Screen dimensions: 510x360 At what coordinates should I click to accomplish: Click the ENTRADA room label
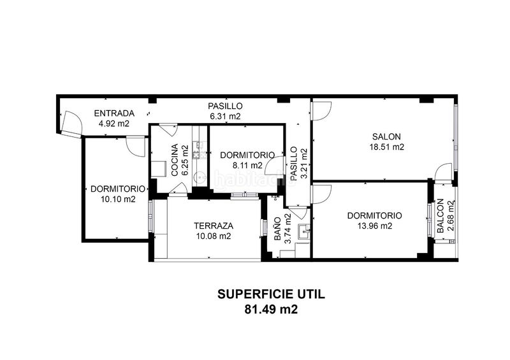tap(114, 113)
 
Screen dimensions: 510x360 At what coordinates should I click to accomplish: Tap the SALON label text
tap(386, 136)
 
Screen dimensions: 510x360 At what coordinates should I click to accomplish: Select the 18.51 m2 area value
tap(387, 147)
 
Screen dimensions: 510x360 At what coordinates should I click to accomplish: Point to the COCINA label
tap(175, 160)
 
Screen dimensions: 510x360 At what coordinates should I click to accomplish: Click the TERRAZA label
tap(214, 226)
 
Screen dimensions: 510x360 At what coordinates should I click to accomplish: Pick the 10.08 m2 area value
tap(214, 236)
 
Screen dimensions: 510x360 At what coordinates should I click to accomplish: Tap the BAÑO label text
tap(277, 229)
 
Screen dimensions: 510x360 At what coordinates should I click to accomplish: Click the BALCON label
tap(440, 216)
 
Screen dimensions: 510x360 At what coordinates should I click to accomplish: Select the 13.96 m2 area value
tap(375, 226)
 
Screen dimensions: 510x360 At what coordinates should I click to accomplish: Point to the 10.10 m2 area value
tap(118, 199)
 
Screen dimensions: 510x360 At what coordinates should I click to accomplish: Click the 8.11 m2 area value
tap(247, 166)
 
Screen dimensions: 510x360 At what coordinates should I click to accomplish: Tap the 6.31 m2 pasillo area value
tap(226, 116)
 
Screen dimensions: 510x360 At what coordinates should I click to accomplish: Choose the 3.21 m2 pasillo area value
tap(304, 164)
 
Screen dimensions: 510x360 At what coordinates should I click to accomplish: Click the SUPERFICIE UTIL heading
tap(271, 294)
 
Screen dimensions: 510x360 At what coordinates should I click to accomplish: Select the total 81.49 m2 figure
tap(271, 309)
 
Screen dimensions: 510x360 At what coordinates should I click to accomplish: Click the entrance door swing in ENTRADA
tap(71, 124)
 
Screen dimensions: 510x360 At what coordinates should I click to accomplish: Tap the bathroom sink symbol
tap(305, 231)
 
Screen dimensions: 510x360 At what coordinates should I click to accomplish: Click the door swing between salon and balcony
tap(443, 171)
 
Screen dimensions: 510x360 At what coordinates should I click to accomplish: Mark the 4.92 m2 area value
tap(114, 124)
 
